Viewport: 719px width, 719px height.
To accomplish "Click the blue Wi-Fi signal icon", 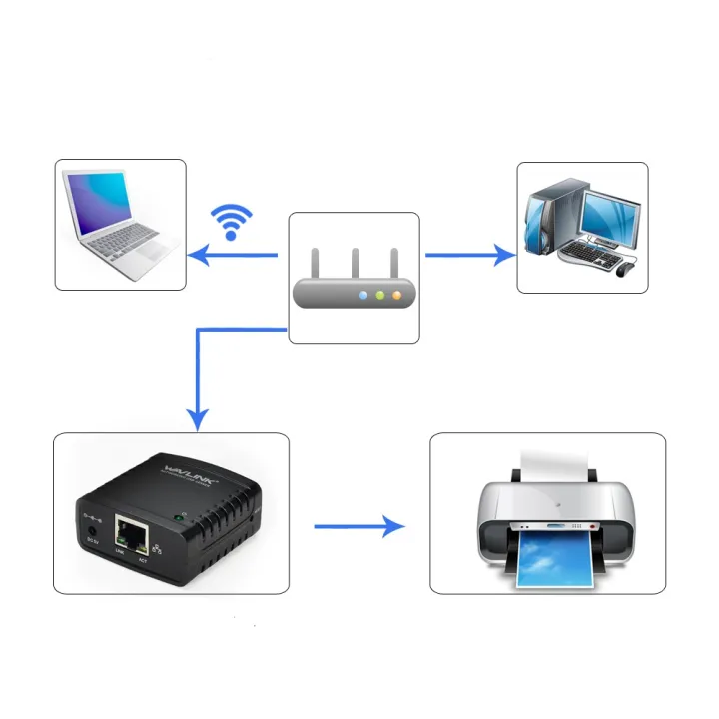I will tap(232, 222).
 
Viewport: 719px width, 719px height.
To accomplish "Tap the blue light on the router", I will tap(363, 296).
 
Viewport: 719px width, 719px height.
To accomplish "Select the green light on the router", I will tap(379, 296).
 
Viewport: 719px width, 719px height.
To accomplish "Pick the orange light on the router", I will tap(395, 296).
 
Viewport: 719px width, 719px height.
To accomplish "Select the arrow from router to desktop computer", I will tap(469, 255).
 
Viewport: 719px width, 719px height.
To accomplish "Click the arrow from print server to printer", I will tap(359, 526).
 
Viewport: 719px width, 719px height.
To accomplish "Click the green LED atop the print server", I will tap(178, 516).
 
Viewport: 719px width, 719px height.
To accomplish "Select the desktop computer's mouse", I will tap(626, 268).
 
